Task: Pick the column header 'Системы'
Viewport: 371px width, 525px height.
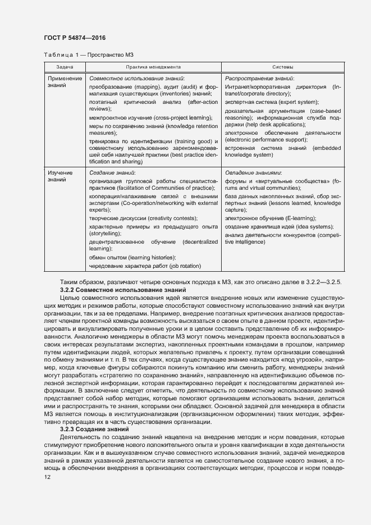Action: pyautogui.click(x=282, y=67)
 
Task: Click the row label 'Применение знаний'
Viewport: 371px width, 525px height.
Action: pyautogui.click(x=65, y=83)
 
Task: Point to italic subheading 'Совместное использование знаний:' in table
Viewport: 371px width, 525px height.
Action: pyautogui.click(x=137, y=79)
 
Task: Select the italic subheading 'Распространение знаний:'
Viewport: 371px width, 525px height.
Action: pyautogui.click(x=259, y=79)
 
